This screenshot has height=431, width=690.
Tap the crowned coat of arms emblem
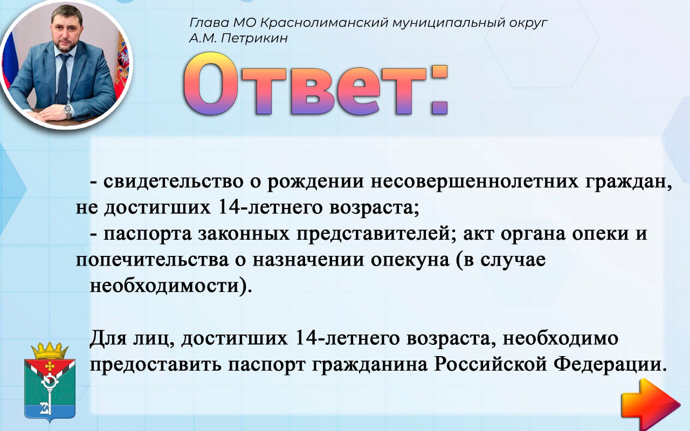coord(50,382)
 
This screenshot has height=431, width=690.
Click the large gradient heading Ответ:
coord(315,85)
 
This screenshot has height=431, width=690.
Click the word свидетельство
coord(174,182)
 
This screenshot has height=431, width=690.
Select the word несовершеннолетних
coord(474,182)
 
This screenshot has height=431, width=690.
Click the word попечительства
coord(152,260)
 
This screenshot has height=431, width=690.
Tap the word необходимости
coord(165,286)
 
